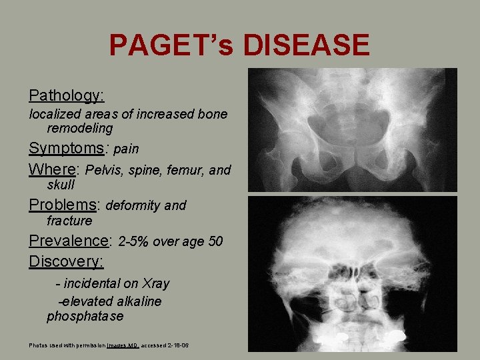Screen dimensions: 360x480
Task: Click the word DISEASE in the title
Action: coord(306,45)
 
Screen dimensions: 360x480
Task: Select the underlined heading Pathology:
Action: coord(67,95)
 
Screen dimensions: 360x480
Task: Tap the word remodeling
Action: coord(80,128)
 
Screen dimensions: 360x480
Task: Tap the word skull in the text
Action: coord(61,185)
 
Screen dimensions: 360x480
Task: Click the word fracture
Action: coord(69,221)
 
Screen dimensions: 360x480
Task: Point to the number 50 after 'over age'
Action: coord(215,241)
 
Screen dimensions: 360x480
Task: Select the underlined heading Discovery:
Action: coord(66,261)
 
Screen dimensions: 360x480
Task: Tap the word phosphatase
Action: coord(85,316)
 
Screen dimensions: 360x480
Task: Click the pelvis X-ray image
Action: coord(353,130)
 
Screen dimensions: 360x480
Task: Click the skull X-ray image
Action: coord(353,273)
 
